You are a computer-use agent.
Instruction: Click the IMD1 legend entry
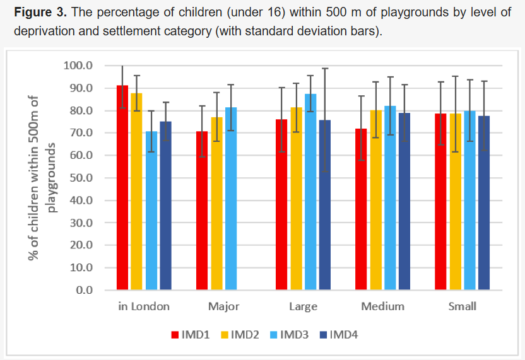pos(190,335)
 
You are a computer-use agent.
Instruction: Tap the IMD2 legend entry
pos(240,335)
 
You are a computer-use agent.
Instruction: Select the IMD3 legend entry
pos(290,335)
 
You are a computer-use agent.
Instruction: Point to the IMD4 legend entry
pos(339,335)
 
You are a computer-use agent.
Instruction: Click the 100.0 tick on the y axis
pos(78,66)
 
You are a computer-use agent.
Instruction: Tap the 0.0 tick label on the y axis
pos(83,290)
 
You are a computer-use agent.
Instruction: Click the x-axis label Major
pos(223,307)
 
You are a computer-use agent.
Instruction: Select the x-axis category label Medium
pos(382,307)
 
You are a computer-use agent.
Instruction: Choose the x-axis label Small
pos(462,307)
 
